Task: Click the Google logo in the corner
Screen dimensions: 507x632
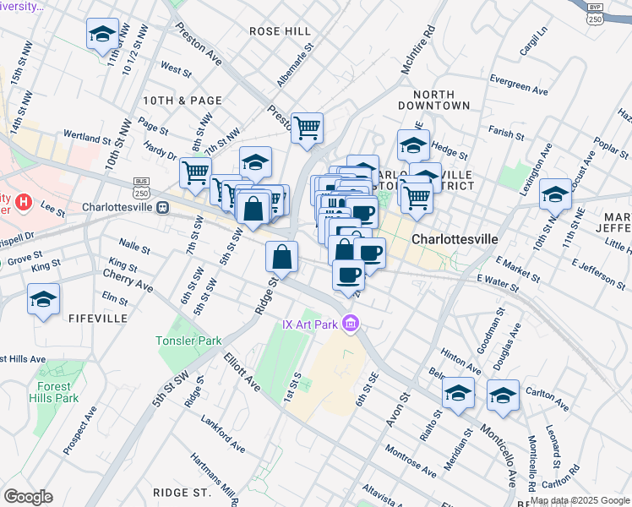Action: pos(28,497)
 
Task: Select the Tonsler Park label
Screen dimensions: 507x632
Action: pos(188,341)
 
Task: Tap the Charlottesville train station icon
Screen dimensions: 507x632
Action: pos(161,207)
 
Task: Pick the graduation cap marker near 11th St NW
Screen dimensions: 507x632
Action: pos(102,35)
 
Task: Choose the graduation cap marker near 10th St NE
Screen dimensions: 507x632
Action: pos(555,194)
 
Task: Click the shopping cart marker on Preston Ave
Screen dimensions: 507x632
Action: pos(308,128)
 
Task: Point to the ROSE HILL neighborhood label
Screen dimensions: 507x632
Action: pos(281,30)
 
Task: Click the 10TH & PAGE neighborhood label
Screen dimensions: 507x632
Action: pos(182,100)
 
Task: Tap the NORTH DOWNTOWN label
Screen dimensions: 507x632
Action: pos(440,100)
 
